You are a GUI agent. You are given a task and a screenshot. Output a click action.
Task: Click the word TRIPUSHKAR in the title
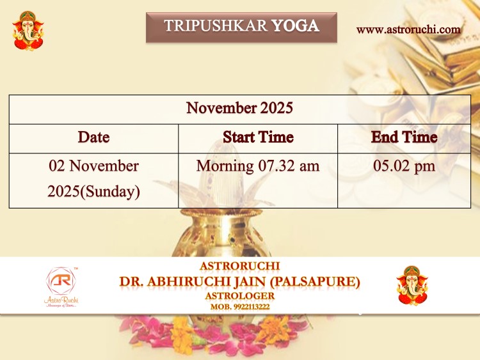point(216,26)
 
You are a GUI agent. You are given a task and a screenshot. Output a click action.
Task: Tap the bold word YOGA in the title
point(296,26)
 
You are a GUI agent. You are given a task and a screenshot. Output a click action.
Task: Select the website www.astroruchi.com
point(408,29)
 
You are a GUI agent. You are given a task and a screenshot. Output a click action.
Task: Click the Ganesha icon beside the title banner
point(28,31)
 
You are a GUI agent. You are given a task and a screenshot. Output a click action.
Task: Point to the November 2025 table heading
point(240,108)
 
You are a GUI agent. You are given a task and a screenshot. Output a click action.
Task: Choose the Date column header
point(93,137)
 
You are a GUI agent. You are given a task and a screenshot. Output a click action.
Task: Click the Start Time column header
point(258,137)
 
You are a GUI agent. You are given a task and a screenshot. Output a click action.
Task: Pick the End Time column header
point(404,137)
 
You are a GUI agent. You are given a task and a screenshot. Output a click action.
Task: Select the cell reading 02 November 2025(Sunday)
point(93,179)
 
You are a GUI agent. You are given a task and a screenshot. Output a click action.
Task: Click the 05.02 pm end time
point(404,166)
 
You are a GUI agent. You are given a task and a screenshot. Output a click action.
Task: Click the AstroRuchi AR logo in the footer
point(61,287)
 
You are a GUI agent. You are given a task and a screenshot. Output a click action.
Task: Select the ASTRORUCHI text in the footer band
point(240,266)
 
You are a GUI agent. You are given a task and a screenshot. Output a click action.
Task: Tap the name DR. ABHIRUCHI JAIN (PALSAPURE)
point(240,281)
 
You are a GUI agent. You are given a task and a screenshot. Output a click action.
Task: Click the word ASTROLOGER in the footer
point(240,296)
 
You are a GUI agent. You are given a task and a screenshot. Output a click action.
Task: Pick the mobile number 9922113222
point(252,307)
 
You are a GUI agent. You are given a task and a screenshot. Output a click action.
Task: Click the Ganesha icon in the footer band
point(412,286)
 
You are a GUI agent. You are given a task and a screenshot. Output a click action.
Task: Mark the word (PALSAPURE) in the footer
point(315,281)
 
